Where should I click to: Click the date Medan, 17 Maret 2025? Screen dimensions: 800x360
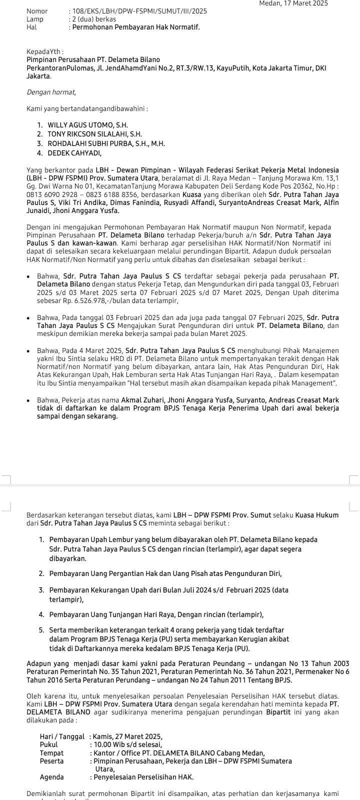(293, 3)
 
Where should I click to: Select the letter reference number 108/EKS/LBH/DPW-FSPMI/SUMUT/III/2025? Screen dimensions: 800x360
(132, 11)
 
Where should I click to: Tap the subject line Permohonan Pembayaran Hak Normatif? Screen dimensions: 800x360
(136, 27)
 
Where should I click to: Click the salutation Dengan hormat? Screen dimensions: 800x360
(51, 92)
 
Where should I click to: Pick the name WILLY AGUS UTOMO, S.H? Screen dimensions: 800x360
(87, 125)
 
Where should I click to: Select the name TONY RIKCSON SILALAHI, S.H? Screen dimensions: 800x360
(94, 134)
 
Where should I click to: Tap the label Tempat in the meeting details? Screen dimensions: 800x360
(51, 753)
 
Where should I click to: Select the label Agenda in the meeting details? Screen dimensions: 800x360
(52, 777)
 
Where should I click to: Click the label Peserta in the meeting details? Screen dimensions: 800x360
(52, 761)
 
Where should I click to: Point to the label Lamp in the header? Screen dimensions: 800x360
(35, 19)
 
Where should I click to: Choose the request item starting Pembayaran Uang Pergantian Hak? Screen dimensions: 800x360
(165, 573)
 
